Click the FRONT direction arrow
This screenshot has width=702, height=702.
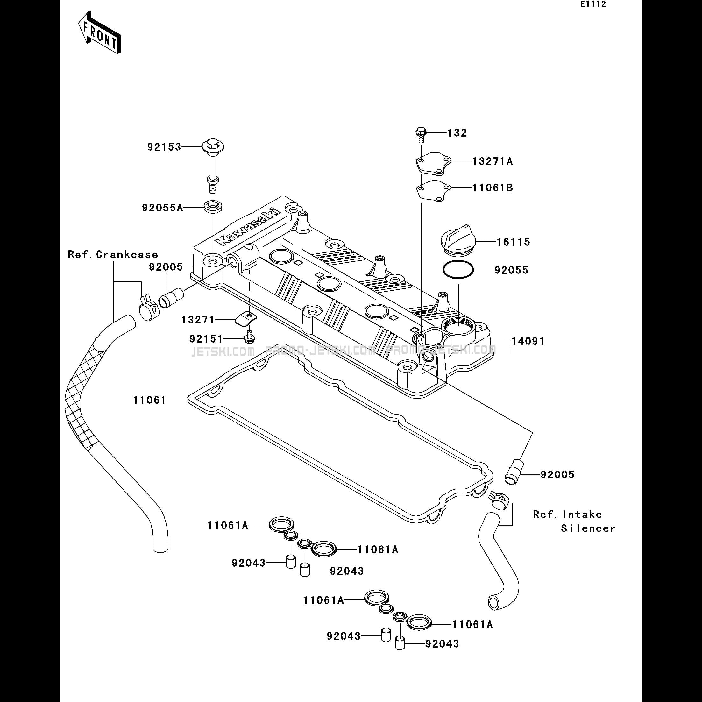click(x=99, y=33)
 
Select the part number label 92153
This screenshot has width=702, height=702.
click(x=164, y=147)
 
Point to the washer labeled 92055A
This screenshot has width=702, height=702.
click(x=213, y=207)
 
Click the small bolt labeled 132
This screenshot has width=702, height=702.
click(x=421, y=133)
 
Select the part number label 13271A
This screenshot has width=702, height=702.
click(x=492, y=161)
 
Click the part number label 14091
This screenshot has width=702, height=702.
click(x=528, y=341)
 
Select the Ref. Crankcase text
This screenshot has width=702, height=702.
click(x=113, y=254)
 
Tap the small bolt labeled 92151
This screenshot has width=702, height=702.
click(x=249, y=337)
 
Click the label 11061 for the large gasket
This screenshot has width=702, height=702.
click(x=149, y=400)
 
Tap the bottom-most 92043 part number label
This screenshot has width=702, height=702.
click(x=442, y=643)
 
